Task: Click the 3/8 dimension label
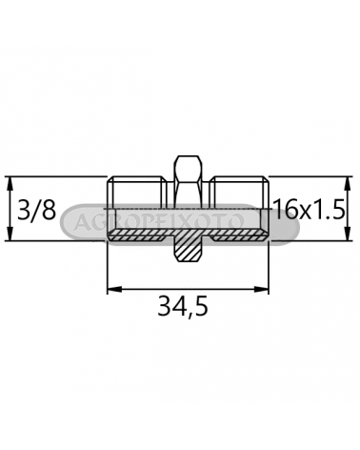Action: tap(36, 210)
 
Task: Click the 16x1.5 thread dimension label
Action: tap(309, 209)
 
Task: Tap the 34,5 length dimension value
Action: tap(183, 307)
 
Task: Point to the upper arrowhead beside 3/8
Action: tap(10, 183)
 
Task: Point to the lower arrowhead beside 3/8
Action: tap(10, 234)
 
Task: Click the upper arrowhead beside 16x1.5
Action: tap(348, 183)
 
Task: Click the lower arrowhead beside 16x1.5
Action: tap(348, 234)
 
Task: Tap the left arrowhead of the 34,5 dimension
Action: tap(114, 289)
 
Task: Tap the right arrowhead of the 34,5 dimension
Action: tap(261, 289)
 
